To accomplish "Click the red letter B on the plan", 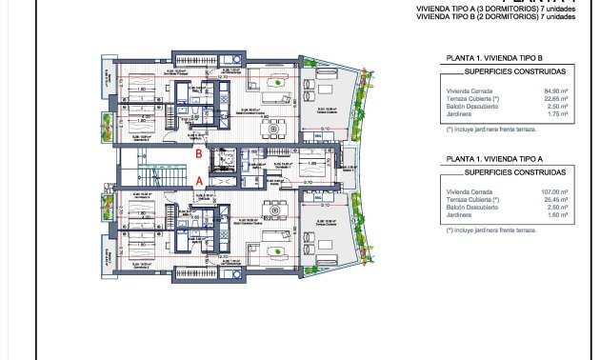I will [197, 152].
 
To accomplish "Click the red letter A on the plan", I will [197, 178].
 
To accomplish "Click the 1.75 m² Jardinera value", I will [557, 115].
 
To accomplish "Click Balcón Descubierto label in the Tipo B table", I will [469, 108].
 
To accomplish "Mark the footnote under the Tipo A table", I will [485, 230].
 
